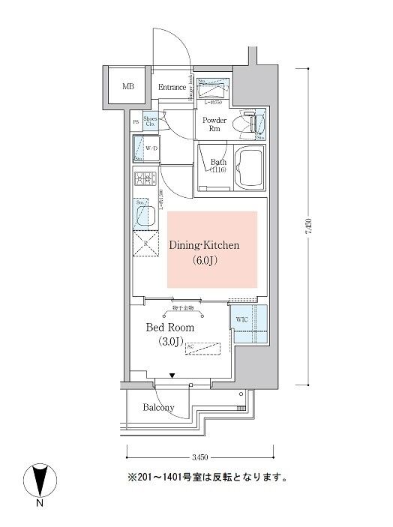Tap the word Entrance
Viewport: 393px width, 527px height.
(x=172, y=88)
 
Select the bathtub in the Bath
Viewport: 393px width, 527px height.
(x=248, y=170)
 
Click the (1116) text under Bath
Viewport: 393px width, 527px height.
(x=217, y=170)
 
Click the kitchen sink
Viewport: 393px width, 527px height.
(x=145, y=216)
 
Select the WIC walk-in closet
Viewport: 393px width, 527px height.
(x=247, y=323)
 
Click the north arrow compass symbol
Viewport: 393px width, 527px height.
(x=40, y=480)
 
